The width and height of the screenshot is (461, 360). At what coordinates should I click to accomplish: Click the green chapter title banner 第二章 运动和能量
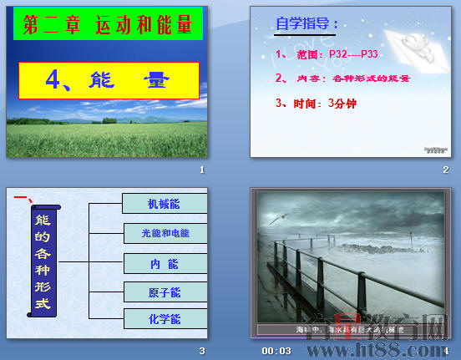pos(107,26)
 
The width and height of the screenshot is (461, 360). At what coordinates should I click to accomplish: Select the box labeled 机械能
pos(164,203)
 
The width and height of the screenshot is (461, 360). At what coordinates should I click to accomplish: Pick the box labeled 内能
pos(164,264)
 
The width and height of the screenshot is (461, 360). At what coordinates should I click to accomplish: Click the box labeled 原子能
pos(164,292)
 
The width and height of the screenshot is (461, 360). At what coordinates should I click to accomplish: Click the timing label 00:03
pos(276,351)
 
